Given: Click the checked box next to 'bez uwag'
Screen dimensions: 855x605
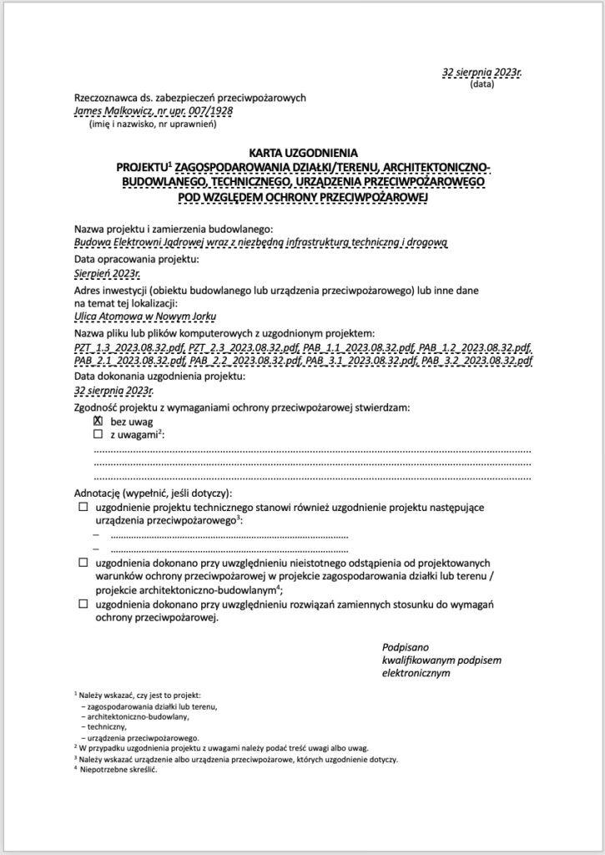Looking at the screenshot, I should click(98, 422).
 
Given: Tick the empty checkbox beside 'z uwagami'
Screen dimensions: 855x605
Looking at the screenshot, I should click(98, 435).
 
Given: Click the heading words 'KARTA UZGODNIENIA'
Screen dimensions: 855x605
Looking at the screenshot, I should click(302, 153).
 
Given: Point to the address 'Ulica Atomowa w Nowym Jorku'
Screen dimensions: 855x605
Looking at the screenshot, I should click(145, 317).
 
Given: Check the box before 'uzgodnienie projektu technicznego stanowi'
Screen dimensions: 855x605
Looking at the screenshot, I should click(83, 508).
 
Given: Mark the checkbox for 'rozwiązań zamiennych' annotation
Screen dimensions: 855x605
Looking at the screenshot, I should click(83, 604).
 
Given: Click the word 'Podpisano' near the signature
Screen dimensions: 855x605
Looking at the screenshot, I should click(406, 647).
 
